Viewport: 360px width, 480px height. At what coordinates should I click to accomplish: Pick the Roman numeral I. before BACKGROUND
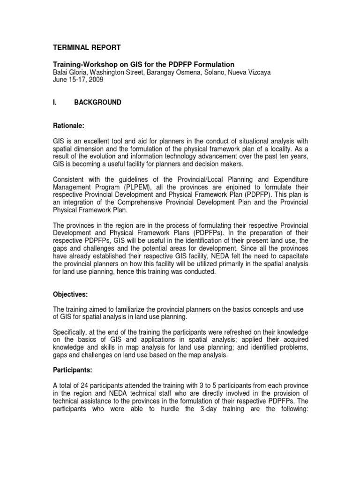click(x=54, y=102)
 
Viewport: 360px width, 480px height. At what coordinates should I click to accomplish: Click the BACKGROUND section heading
click(x=97, y=102)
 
